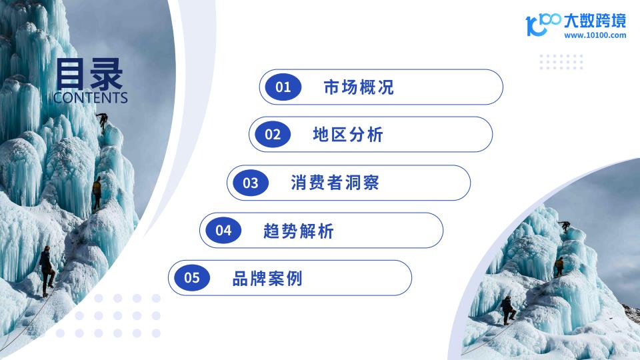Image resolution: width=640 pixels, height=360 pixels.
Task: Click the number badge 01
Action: (283, 87)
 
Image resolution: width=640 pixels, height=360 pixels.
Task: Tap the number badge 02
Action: (272, 134)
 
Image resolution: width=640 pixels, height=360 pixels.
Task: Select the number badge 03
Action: (251, 183)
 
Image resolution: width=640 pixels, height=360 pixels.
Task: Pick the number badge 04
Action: (223, 230)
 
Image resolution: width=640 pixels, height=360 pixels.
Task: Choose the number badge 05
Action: (192, 277)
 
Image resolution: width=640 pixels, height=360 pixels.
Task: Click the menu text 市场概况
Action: (359, 87)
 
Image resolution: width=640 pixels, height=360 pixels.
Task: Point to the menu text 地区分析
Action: (348, 135)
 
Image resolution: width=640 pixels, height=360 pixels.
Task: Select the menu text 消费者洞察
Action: (335, 183)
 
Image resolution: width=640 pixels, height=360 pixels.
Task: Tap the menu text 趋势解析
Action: (299, 231)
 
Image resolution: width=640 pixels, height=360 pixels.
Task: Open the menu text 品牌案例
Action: (267, 279)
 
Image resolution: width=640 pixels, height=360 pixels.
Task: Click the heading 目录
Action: (89, 74)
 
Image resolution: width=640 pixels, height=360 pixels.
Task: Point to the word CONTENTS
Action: (90, 97)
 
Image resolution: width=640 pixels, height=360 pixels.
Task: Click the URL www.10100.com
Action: (595, 35)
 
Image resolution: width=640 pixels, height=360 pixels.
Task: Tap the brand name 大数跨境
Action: (595, 21)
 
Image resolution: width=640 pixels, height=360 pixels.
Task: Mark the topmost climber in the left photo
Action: (102, 122)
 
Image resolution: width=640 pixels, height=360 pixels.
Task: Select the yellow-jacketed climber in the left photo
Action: (97, 193)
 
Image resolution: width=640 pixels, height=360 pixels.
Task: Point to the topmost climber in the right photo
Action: (565, 226)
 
